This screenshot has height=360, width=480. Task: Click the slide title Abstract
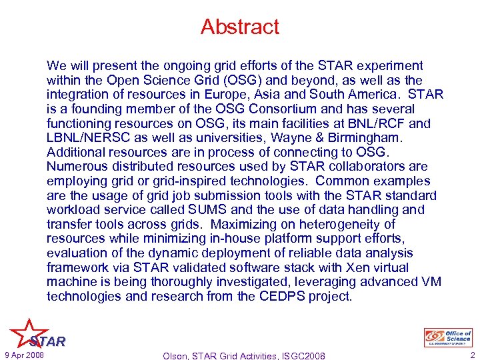tap(240, 27)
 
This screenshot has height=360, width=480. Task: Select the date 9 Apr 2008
tap(24, 355)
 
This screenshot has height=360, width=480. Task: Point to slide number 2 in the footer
tap(471, 355)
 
